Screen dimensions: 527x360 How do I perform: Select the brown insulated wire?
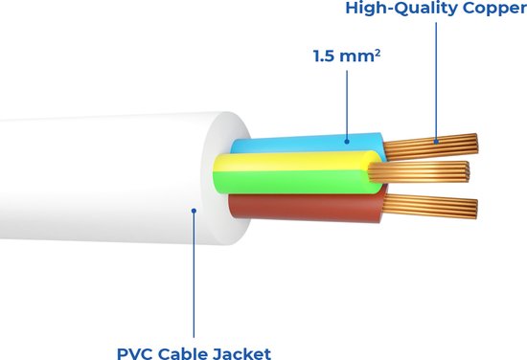(x=307, y=204)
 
